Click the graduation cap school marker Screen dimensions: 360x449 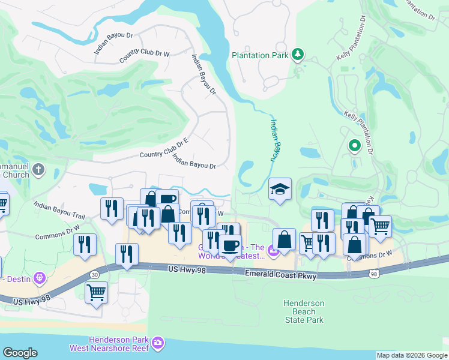pos(280,190)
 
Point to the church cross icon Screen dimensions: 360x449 pos(38,169)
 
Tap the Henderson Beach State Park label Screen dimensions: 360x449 pos(304,311)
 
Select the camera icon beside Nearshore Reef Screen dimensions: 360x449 pos(158,343)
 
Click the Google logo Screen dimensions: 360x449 pos(20,353)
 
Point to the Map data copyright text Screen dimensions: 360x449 pos(411,355)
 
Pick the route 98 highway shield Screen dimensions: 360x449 pos(374,274)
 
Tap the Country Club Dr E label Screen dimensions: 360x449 pos(164,147)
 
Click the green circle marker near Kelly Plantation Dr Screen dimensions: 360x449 pos(354,145)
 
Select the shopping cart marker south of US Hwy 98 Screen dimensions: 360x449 pos(96,292)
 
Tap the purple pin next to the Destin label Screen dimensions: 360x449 pos(40,277)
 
